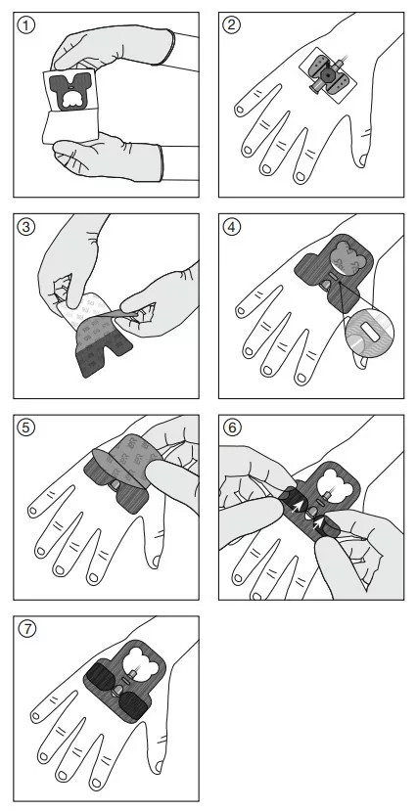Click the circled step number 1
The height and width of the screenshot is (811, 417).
[x=26, y=25]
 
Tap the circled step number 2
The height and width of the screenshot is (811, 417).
[x=232, y=24]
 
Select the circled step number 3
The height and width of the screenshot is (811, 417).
[x=26, y=227]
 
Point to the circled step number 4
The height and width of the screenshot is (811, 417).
[x=232, y=227]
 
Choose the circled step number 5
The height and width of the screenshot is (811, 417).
[x=26, y=428]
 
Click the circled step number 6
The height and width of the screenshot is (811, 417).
[x=232, y=428]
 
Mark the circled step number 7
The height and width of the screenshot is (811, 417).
[x=26, y=629]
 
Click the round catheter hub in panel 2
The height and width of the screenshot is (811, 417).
[x=327, y=75]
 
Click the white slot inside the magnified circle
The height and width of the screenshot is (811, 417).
[x=369, y=330]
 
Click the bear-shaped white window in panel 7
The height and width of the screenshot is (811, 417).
[x=141, y=658]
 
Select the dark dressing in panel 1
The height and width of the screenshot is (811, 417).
[x=69, y=91]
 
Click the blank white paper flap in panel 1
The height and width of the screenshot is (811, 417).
[x=70, y=124]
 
